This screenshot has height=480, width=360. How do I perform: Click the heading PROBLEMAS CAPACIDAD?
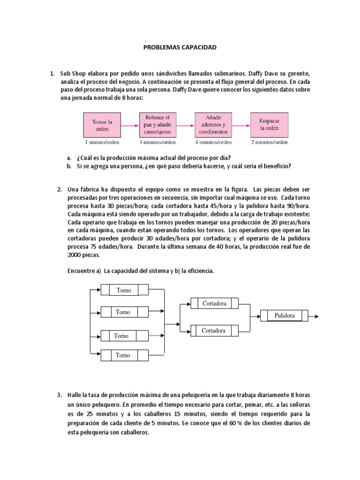click(180, 47)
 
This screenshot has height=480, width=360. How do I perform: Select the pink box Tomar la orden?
click(102, 125)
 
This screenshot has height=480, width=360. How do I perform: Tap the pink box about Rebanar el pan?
click(157, 125)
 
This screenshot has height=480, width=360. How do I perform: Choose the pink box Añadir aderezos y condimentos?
click(213, 125)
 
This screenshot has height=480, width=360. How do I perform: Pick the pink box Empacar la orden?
click(269, 125)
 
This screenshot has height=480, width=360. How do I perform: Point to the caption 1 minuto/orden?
click(102, 142)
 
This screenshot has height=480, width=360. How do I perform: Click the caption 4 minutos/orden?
click(213, 142)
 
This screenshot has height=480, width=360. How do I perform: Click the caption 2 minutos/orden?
click(269, 142)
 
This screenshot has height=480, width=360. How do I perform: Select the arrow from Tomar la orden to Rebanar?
click(130, 126)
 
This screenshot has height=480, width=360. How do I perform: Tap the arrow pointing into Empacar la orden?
click(241, 126)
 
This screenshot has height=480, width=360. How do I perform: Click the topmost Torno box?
click(124, 290)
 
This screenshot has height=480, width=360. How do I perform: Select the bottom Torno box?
click(123, 355)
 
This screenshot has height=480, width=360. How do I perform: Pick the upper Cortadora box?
click(214, 303)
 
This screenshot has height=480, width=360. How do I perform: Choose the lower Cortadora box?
click(214, 330)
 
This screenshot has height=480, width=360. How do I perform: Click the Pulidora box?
click(285, 316)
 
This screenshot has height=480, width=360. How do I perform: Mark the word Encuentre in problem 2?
click(83, 271)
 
